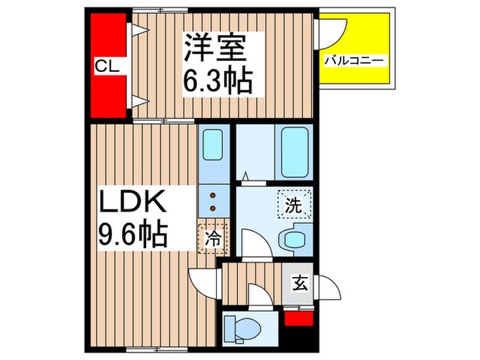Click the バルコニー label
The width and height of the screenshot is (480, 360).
[356, 62]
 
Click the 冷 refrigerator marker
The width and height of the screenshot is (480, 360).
[212, 239]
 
